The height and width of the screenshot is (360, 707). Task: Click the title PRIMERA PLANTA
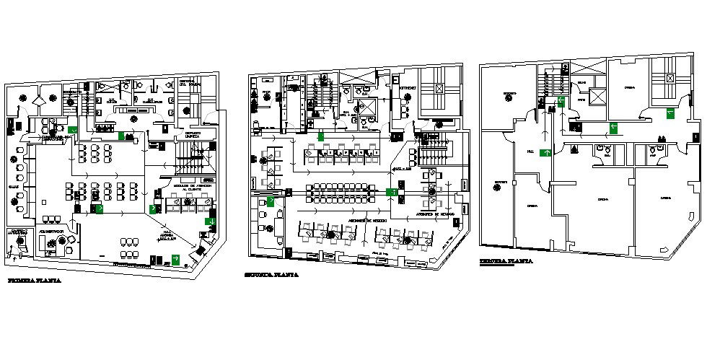[34, 280]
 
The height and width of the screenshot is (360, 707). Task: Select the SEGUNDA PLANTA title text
[271, 275]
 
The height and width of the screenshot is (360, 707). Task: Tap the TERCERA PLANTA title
[506, 261]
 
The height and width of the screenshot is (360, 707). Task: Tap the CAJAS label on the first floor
[13, 185]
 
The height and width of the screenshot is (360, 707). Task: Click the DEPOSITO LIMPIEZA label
[192, 134]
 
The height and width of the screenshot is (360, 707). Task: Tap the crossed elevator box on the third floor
[671, 77]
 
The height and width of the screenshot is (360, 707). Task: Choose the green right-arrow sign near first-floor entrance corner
[175, 258]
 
